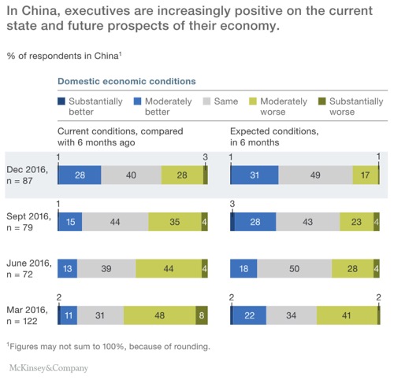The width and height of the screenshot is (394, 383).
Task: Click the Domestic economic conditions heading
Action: point(127,82)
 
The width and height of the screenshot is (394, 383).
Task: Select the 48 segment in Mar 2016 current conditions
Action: point(159,315)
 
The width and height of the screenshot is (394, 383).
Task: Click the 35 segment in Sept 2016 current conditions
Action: point(175,223)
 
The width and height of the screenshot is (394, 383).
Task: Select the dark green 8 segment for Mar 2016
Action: point(202,315)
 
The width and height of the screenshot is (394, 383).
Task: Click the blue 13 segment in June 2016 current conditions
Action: point(68,269)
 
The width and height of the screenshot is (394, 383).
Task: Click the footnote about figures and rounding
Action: point(110,344)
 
